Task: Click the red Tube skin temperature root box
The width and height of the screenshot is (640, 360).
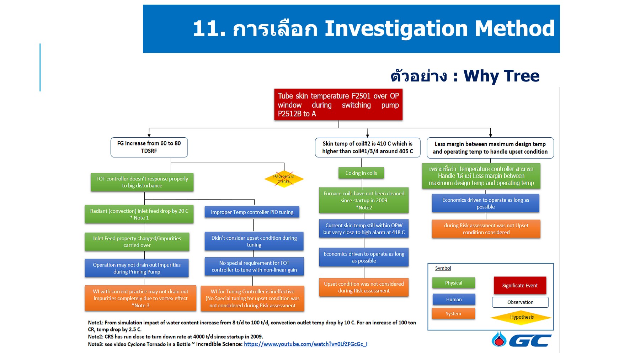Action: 338,105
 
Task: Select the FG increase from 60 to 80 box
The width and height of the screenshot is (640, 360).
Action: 149,147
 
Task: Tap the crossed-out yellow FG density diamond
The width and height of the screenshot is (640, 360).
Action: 284,179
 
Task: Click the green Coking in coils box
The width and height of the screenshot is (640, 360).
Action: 361,173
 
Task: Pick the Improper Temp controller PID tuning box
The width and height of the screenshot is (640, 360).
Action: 252,212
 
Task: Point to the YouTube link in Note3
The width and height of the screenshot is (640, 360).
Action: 305,344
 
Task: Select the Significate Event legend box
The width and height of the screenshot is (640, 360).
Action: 519,285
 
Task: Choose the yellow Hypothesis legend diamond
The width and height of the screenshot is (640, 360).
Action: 521,317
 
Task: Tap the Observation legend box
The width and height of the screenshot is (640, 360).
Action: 520,302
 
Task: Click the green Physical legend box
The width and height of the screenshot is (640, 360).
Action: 453,283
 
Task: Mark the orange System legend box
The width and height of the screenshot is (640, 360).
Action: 453,313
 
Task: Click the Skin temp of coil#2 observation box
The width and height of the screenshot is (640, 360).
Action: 367,147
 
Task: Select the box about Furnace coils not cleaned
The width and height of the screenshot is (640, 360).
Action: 363,200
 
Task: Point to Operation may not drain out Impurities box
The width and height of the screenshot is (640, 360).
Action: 137,268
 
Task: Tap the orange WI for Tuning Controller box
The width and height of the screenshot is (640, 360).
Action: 252,298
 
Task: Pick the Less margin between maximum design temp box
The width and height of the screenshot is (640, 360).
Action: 490,148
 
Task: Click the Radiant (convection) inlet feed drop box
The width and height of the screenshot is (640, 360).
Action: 139,214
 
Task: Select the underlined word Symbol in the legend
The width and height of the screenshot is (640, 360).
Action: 443,268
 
